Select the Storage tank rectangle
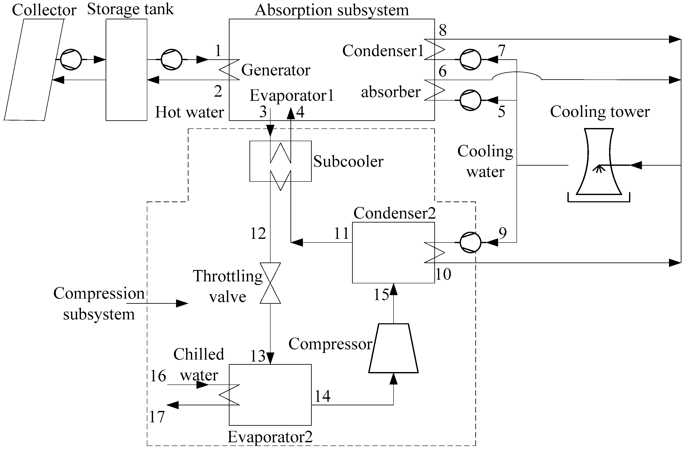126,70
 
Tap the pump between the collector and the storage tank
71,59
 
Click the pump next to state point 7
470,59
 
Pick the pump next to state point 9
470,242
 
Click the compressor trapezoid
393,348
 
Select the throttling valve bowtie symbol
270,283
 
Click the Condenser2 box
393,252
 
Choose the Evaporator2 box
270,395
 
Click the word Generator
276,70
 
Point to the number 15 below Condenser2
381,294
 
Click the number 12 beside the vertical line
258,233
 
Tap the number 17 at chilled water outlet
157,417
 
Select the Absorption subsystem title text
332,10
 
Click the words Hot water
189,112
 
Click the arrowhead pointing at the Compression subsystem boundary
182,303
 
